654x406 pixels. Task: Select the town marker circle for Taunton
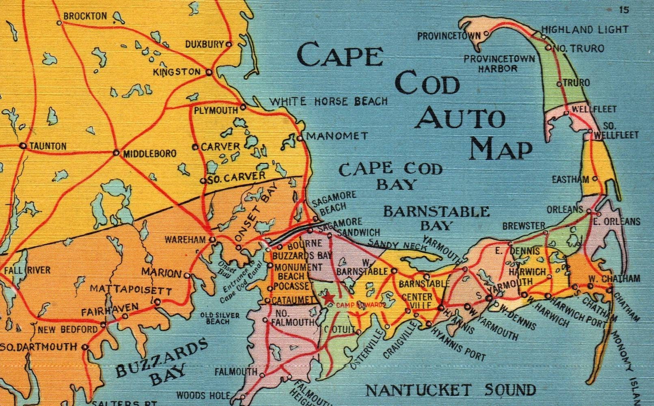click(23, 146)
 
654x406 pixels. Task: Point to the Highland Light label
click(585, 30)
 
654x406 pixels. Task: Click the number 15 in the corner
click(624, 10)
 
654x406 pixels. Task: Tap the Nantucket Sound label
click(451, 391)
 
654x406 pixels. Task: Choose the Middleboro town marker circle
click(116, 153)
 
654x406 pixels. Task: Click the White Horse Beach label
click(329, 101)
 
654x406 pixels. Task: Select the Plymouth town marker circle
click(243, 107)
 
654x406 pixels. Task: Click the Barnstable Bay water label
click(436, 218)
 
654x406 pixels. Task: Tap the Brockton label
click(85, 16)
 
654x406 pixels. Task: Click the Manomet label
click(337, 136)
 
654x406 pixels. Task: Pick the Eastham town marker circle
click(595, 178)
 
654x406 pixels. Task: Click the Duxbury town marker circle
click(229, 44)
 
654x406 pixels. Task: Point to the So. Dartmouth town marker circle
click(85, 347)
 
